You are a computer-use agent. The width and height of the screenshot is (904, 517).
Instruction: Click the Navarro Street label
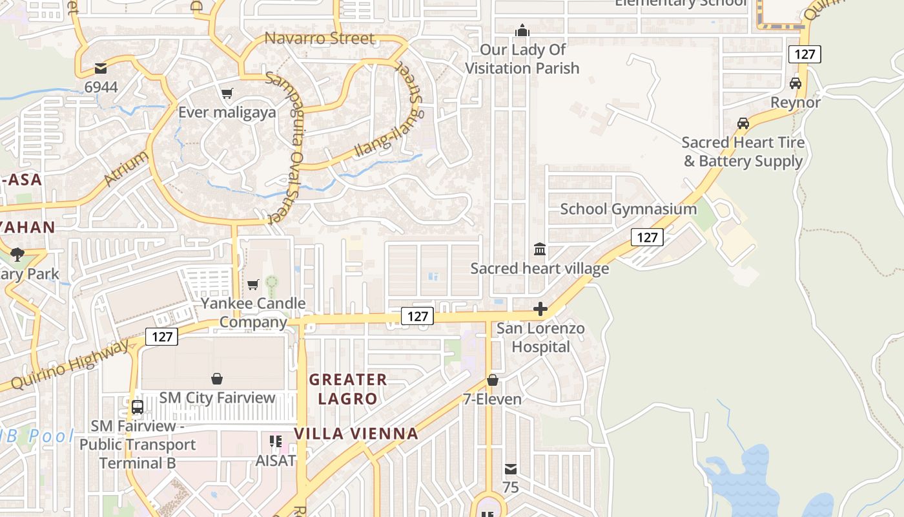[319, 38]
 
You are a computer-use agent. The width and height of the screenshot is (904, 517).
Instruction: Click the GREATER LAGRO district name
[347, 388]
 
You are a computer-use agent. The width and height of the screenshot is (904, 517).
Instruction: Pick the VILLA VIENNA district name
[356, 434]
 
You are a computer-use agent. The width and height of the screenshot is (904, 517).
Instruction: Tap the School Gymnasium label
[628, 209]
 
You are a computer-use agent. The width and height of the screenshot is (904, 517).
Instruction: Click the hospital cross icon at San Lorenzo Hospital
[540, 310]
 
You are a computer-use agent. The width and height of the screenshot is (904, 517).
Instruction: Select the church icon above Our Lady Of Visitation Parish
[522, 30]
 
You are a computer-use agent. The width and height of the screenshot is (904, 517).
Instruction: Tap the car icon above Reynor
[796, 83]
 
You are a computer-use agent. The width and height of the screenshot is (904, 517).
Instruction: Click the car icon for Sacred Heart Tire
[743, 123]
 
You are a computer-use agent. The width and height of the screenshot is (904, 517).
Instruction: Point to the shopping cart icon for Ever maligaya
[227, 94]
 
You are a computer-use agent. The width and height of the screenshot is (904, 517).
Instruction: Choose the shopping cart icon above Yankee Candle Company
[253, 284]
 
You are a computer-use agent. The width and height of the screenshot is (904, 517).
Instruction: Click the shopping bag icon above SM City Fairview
[217, 379]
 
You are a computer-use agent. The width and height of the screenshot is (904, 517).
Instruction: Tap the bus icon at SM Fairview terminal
[138, 407]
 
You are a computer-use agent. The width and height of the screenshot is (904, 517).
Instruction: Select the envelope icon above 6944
[101, 68]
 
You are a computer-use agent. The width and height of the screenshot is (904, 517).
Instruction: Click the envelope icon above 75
[511, 469]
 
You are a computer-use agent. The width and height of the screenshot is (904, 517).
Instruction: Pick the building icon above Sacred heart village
[539, 249]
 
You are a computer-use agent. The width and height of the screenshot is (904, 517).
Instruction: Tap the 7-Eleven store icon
[493, 380]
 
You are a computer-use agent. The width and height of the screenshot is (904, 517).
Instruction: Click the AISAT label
[276, 461]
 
